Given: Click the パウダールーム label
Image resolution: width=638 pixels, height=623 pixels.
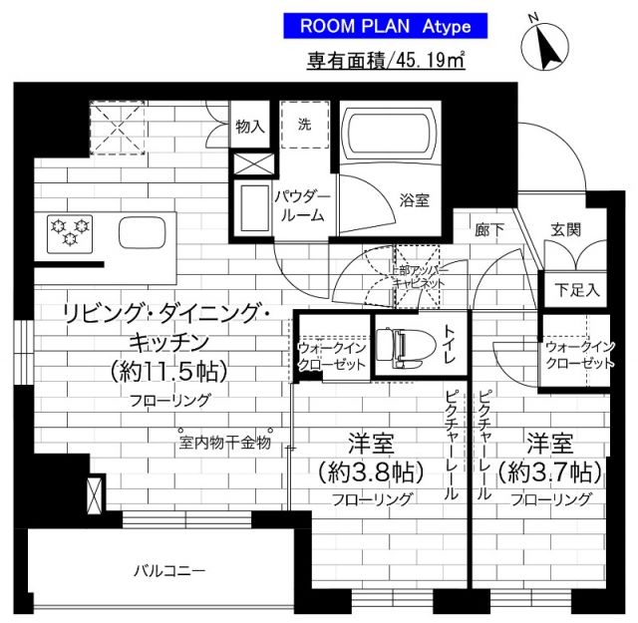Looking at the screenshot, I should [x=299, y=205].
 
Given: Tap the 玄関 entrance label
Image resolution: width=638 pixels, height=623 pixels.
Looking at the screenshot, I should [x=565, y=229].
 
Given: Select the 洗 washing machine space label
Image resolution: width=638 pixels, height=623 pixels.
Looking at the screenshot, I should [x=302, y=126].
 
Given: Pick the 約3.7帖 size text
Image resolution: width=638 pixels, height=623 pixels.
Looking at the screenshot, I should [x=549, y=469].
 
